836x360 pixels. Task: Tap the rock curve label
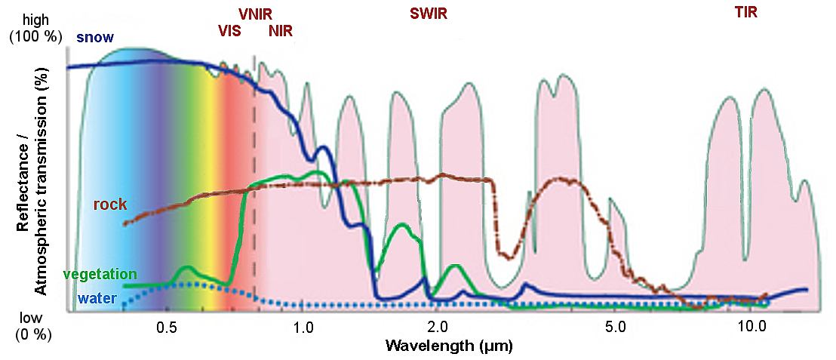tap(109, 205)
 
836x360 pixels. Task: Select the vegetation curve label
tap(100, 274)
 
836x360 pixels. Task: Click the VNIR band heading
tap(255, 14)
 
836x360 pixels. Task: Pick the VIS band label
tap(230, 32)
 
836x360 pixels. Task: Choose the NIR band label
tap(281, 32)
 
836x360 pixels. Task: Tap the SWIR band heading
tap(429, 14)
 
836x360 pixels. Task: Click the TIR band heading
tap(745, 12)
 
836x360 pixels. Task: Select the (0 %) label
tap(32, 334)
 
